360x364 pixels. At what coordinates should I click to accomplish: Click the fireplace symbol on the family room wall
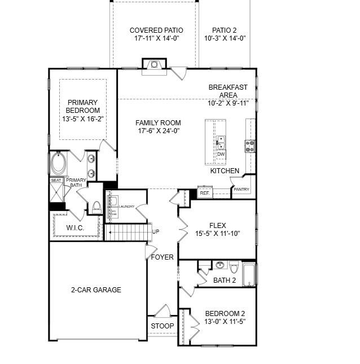153,64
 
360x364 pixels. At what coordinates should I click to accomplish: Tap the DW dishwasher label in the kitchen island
221,154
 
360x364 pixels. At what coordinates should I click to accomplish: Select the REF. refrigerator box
204,193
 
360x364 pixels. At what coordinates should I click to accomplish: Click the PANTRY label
242,190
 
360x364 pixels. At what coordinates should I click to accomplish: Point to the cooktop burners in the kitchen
249,147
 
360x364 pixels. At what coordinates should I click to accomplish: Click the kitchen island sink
221,142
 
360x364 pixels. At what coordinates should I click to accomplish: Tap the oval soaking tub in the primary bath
58,164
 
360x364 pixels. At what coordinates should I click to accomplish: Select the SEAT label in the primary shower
56,181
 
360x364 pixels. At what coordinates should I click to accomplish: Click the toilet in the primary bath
96,207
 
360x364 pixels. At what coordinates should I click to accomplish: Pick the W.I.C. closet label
75,228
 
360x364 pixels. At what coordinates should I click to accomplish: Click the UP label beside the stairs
156,232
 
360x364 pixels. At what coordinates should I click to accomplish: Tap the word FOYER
162,257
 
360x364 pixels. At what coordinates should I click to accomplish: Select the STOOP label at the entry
163,326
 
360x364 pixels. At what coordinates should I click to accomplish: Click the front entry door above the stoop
163,312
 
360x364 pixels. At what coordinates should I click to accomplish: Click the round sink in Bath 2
219,265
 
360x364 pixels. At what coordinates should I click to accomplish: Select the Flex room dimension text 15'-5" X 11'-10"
218,234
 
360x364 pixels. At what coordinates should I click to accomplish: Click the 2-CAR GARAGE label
95,290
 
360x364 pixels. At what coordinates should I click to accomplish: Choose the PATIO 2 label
225,30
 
